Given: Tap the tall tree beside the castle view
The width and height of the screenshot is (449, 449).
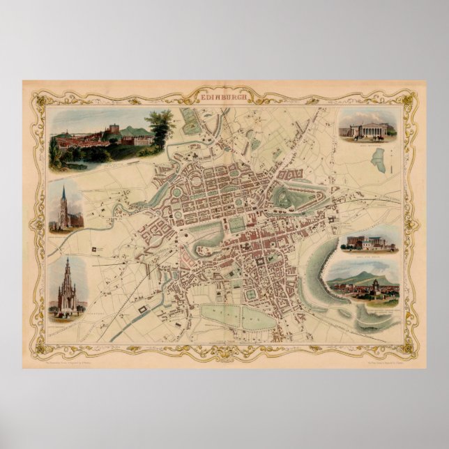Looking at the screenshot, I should point(161,128).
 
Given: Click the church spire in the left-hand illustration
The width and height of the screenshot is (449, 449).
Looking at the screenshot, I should point(64,199).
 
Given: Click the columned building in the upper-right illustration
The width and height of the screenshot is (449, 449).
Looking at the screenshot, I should point(367,128).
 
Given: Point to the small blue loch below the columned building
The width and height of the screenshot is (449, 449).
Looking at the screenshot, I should point(379,162).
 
